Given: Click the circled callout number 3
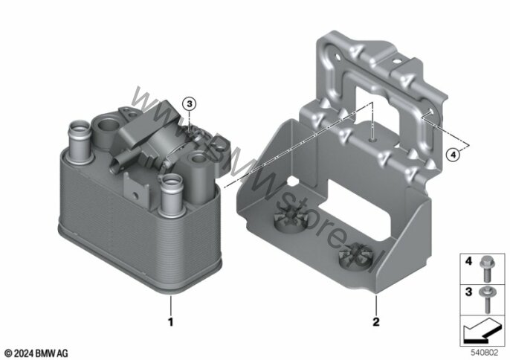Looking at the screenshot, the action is coord(190,104).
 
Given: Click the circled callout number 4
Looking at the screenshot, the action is coord(453,155).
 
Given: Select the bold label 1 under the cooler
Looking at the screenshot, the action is coord(170,322).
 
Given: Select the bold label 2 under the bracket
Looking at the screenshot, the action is coord(376,322).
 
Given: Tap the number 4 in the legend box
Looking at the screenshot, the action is coord(468,261).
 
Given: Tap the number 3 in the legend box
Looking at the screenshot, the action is coord(468,292).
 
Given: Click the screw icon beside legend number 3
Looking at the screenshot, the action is coord(487,300).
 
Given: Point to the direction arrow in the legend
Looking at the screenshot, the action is coord(482,331).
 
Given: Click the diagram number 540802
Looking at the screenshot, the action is coord(485,353).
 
